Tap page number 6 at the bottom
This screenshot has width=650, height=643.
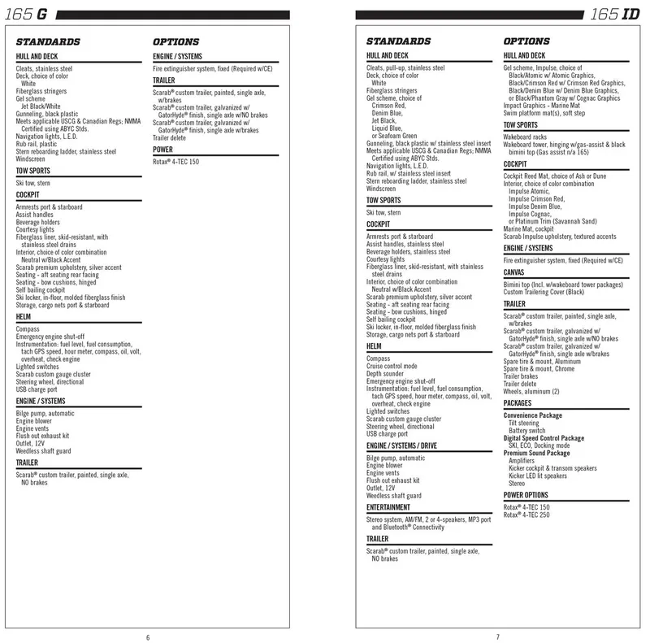tap(149, 636)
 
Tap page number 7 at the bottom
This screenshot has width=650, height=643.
tap(497, 636)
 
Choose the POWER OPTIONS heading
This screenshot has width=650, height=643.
tap(526, 494)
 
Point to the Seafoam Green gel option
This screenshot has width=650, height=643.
tap(393, 135)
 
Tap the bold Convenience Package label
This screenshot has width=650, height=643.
tap(532, 415)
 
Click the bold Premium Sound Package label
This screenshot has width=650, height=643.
tap(536, 453)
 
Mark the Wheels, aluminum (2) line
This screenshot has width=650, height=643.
tap(531, 391)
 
